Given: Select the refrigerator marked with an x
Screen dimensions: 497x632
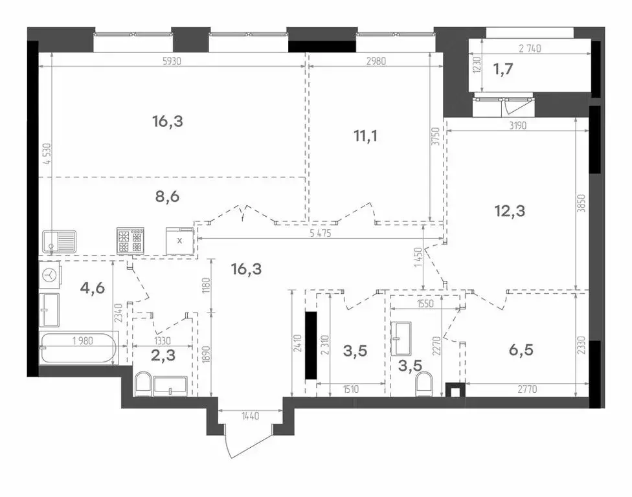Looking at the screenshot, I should pos(180,240).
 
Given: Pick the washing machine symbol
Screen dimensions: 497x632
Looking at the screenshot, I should pos(50,275).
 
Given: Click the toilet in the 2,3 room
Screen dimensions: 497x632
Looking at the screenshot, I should pos(143,384).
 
